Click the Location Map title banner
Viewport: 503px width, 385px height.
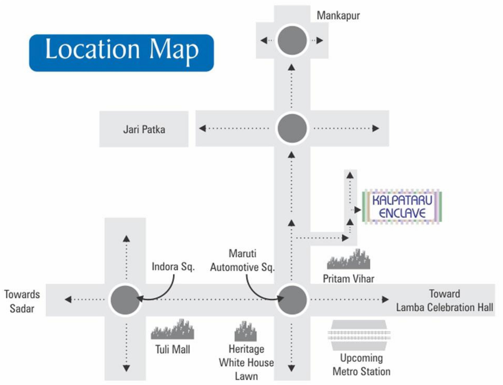(x=122, y=53)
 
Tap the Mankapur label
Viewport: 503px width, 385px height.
(x=338, y=16)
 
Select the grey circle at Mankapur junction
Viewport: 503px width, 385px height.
(x=292, y=41)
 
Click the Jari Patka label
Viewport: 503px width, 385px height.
(x=144, y=129)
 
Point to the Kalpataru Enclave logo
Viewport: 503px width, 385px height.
(x=402, y=207)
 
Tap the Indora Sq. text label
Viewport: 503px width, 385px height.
(x=173, y=267)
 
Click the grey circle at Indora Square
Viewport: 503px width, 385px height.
(x=125, y=300)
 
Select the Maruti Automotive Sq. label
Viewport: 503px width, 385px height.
(x=242, y=260)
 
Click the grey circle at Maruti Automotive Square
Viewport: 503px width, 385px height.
(x=292, y=300)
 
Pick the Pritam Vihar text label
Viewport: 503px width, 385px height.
(x=348, y=279)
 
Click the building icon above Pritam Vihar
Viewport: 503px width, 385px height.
(x=348, y=259)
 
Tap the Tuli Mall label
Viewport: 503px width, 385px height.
(x=173, y=349)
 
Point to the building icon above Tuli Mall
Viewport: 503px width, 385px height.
(x=173, y=329)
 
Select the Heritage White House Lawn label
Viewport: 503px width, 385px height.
(x=246, y=363)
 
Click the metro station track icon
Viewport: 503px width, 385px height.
(x=359, y=335)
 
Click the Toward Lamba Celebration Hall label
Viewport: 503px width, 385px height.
(x=445, y=301)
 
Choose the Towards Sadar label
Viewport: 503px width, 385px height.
(x=22, y=302)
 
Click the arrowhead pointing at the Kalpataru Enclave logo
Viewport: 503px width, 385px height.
(x=358, y=210)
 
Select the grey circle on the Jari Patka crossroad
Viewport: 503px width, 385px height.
(x=292, y=128)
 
